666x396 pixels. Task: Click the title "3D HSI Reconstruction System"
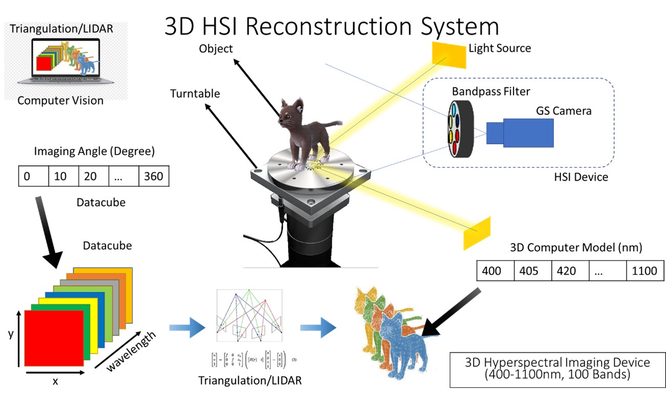331,26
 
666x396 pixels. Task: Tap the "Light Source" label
500,48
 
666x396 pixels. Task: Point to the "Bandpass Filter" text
490,92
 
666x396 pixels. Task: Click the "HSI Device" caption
582,178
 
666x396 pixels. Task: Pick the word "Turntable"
195,94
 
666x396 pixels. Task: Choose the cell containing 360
153,177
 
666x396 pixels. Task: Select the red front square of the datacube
54,337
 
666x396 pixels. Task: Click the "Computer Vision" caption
60,100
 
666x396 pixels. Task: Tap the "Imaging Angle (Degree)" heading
94,151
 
